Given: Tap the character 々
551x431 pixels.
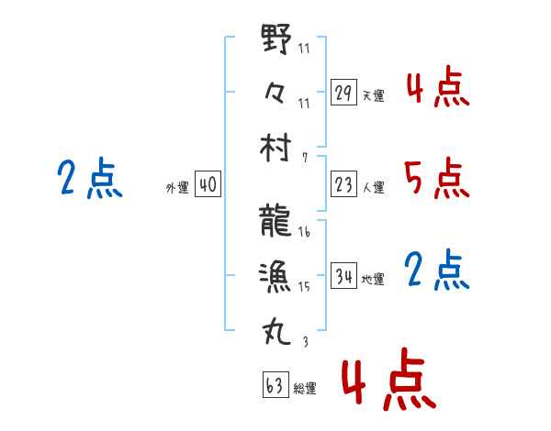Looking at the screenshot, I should tap(275, 92).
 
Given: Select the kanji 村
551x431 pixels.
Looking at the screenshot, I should tap(276, 146).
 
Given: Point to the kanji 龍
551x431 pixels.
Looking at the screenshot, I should tap(276, 222).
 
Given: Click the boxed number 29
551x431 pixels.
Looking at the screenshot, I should tap(344, 93).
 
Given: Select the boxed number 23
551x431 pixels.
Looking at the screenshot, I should tap(344, 184).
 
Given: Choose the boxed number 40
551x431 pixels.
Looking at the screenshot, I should tap(208, 184).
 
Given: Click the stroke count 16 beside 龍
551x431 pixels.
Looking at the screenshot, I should tap(304, 233).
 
